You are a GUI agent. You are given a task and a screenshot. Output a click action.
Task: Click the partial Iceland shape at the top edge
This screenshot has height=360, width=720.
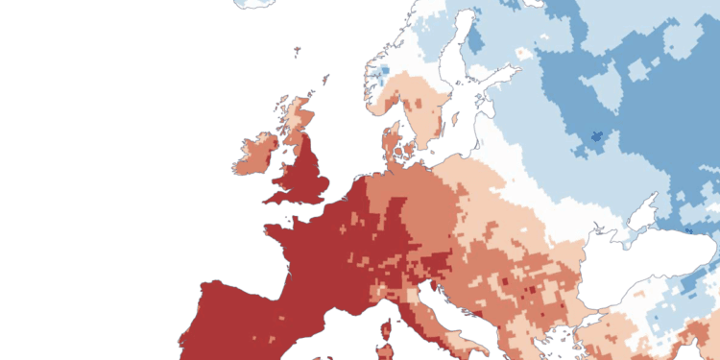pos(254,3)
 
